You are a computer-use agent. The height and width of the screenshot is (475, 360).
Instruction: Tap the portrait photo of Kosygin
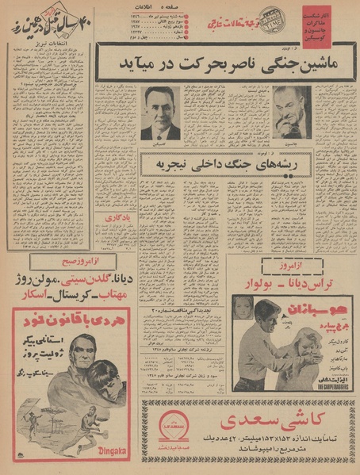click(160, 111)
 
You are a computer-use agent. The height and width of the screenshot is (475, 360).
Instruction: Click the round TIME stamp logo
click(271, 16)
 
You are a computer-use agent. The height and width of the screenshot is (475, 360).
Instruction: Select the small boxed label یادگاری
click(113, 217)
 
